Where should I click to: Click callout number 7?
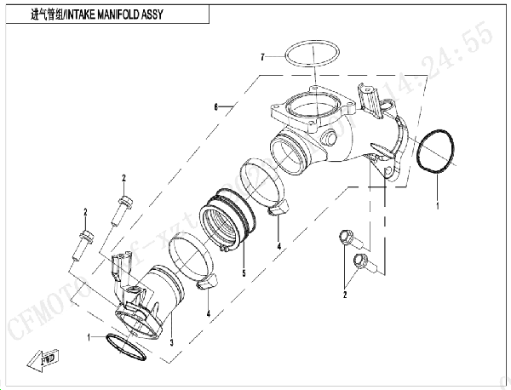pos(265,56)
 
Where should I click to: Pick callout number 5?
pos(244,273)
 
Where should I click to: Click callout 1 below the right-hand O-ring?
pos(438,205)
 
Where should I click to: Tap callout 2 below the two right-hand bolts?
pos(344,295)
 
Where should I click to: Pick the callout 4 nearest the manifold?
pos(278,247)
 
